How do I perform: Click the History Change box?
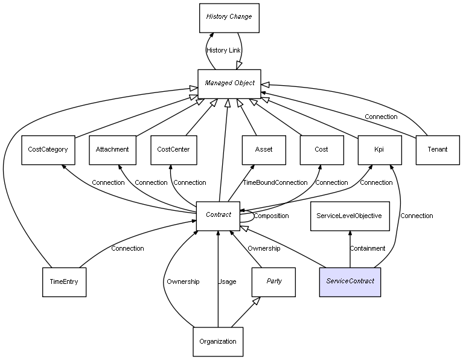(229, 18)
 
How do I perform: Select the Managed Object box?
(229, 83)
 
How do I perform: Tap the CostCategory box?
(48, 149)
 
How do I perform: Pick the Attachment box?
(112, 149)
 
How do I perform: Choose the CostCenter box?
(173, 149)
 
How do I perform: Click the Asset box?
(264, 149)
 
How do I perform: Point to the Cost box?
(321, 149)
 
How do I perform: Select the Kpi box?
(379, 149)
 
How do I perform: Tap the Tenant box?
(438, 149)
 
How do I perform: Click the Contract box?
(218, 215)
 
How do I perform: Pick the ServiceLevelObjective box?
(349, 216)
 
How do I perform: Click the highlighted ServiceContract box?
(350, 281)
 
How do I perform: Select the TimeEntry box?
(64, 281)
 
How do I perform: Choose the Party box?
(273, 281)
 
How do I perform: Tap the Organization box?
(218, 342)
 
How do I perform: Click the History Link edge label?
(223, 50)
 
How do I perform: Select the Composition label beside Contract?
(271, 216)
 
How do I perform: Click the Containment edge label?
(368, 248)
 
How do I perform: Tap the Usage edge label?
(227, 281)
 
